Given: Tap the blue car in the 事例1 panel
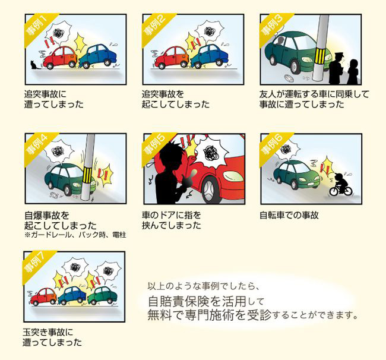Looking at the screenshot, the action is pyautogui.click(x=99, y=56).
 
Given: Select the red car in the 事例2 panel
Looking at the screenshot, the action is pyautogui.click(x=172, y=58).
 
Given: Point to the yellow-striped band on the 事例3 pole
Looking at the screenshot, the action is pyautogui.click(x=321, y=56).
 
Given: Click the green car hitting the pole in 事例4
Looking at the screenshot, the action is pyautogui.click(x=70, y=179).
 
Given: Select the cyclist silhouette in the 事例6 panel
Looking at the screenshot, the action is pyautogui.click(x=341, y=184).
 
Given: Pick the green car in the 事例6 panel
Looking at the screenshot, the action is pyautogui.click(x=296, y=175).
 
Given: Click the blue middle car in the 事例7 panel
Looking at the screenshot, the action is pyautogui.click(x=72, y=295).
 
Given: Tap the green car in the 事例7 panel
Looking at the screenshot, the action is pyautogui.click(x=102, y=295).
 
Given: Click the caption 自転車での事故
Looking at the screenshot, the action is pyautogui.click(x=289, y=215).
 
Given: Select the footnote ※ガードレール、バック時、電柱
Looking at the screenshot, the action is pyautogui.click(x=75, y=235).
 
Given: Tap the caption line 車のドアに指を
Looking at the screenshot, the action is pyautogui.click(x=172, y=215).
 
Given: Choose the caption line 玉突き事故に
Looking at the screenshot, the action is pyautogui.click(x=48, y=332).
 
